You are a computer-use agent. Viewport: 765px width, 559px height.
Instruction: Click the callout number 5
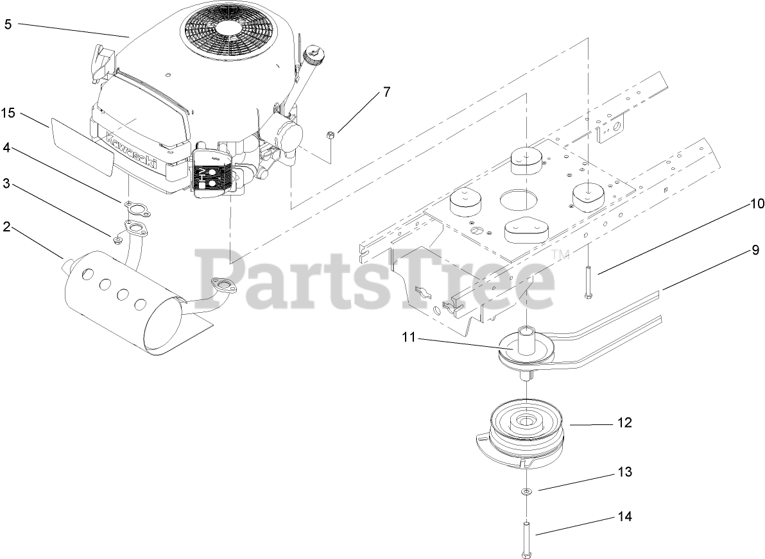tap(8, 24)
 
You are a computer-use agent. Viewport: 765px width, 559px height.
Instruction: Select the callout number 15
tap(8, 113)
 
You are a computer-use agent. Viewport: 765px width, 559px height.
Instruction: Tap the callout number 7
tap(386, 91)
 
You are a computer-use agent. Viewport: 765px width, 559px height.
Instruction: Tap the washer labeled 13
tap(526, 492)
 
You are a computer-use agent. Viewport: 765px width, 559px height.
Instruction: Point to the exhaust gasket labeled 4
tap(130, 205)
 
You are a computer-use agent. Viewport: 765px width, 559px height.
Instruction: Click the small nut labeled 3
tap(117, 240)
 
